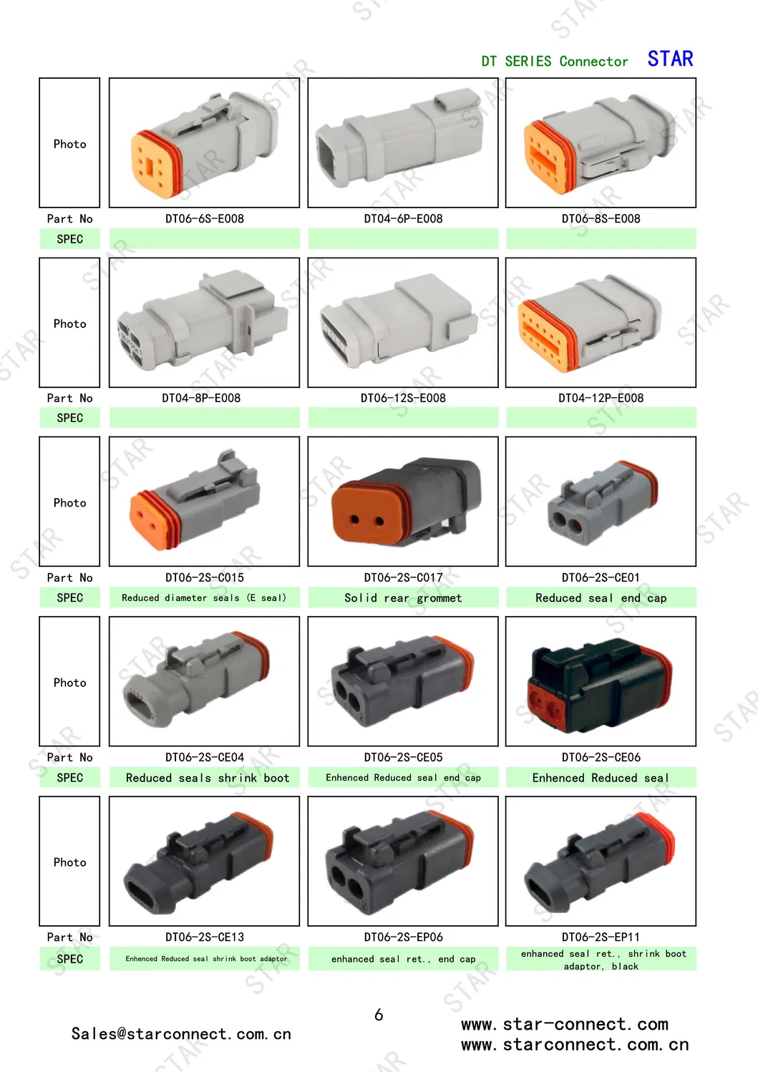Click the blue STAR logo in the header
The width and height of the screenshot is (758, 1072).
[670, 59]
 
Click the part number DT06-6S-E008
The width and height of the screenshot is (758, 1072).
[204, 219]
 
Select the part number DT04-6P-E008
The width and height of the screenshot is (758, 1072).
[403, 219]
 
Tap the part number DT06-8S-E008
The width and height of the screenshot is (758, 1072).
[601, 219]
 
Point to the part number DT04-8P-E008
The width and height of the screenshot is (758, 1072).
[201, 398]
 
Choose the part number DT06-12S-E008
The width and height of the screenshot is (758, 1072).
[403, 398]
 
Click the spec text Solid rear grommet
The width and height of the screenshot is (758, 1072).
[403, 598]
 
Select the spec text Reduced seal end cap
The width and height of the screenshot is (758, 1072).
[601, 598]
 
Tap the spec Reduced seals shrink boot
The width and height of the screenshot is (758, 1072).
[208, 778]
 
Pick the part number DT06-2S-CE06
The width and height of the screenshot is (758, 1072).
[601, 757]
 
